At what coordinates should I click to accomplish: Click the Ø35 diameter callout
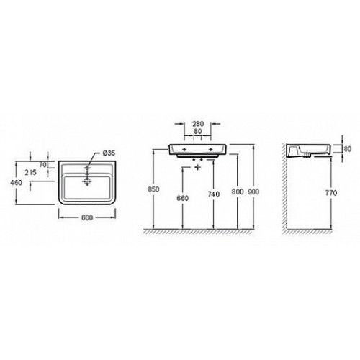click(x=109, y=153)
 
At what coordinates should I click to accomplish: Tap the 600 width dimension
click(x=87, y=217)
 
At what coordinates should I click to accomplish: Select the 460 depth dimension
click(x=16, y=183)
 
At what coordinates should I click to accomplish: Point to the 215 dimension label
click(x=31, y=172)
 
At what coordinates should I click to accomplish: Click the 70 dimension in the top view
click(x=42, y=165)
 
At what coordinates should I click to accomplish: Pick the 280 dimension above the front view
click(x=198, y=124)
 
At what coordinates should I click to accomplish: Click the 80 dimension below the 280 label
click(x=197, y=131)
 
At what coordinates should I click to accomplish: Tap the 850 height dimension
click(x=153, y=189)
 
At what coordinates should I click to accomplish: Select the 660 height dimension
click(x=183, y=198)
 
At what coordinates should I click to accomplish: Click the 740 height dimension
click(x=214, y=194)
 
